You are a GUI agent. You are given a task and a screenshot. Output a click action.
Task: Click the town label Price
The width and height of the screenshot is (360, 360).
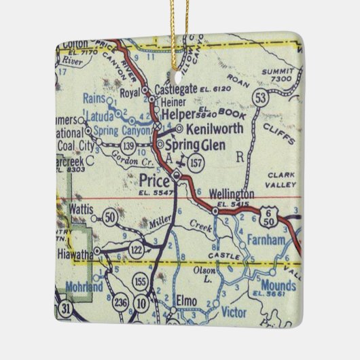click(153, 179)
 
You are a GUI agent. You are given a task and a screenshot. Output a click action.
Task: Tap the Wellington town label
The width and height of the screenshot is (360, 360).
click(233, 194)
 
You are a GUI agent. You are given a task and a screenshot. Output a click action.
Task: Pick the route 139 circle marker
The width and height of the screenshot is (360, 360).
click(128, 145)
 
